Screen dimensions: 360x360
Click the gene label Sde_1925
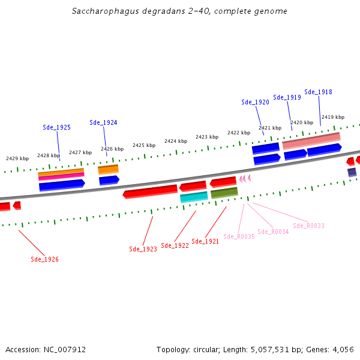(56, 127)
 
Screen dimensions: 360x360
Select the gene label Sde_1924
(103, 122)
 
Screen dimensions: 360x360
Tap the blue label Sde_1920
(255, 102)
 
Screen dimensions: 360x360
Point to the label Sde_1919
(287, 97)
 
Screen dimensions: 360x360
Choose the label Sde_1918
(318, 92)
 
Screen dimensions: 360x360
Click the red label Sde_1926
(44, 259)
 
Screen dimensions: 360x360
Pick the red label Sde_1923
(143, 249)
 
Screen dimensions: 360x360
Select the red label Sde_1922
(175, 245)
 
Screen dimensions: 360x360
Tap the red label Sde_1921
(206, 242)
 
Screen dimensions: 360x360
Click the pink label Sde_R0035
(239, 236)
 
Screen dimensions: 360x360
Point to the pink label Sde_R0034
(273, 232)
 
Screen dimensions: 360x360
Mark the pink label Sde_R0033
(308, 226)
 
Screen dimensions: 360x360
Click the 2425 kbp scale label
(144, 145)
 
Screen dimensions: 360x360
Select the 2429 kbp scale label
(17, 158)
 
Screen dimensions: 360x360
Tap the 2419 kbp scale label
(333, 117)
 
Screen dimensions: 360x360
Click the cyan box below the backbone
(194, 197)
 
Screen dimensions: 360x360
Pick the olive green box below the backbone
(224, 193)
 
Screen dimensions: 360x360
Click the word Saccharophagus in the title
(99, 11)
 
